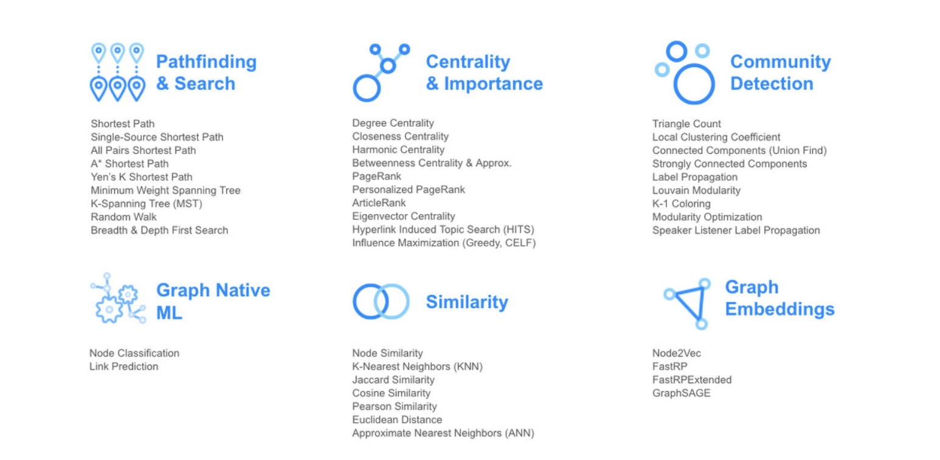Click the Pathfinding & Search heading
point(206,72)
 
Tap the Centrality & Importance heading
point(484,72)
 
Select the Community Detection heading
point(781,72)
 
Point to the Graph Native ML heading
point(213,301)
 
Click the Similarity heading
point(467,302)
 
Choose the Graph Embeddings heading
point(779,298)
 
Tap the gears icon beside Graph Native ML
point(118,298)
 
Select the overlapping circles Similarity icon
point(381,301)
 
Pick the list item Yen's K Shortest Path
point(142,177)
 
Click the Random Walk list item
point(123,217)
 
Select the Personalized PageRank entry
point(409,189)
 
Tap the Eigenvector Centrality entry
point(403,216)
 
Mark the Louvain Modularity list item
point(696,190)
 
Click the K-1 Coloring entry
point(681,204)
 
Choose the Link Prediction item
point(124,366)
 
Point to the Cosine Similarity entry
point(391,393)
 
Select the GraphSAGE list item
point(681,393)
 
